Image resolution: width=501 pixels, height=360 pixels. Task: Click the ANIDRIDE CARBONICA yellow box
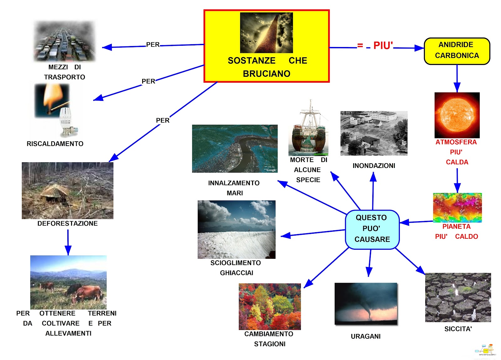[x=457, y=51]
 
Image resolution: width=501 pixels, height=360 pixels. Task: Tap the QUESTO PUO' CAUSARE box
[x=372, y=229]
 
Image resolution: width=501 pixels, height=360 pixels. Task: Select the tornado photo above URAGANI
[x=366, y=304]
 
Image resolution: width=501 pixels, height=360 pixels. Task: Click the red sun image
[x=457, y=115]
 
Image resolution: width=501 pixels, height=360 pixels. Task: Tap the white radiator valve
[x=66, y=121]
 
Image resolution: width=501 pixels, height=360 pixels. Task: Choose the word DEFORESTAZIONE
[x=67, y=223]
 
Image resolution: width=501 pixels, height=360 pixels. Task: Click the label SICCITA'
[x=458, y=329]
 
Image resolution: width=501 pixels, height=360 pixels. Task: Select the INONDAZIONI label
[x=374, y=165]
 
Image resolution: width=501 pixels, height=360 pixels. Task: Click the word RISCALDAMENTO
[x=55, y=144]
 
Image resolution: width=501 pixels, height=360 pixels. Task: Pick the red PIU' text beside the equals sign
[x=383, y=45]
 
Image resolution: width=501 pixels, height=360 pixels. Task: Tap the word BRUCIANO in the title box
[x=266, y=74]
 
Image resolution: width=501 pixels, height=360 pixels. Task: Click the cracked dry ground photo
[x=457, y=297]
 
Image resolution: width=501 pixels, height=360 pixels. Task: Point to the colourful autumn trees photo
[x=270, y=306]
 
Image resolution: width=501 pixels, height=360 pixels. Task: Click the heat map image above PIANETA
[x=457, y=207]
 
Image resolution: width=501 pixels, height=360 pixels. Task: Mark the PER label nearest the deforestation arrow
[x=163, y=120]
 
